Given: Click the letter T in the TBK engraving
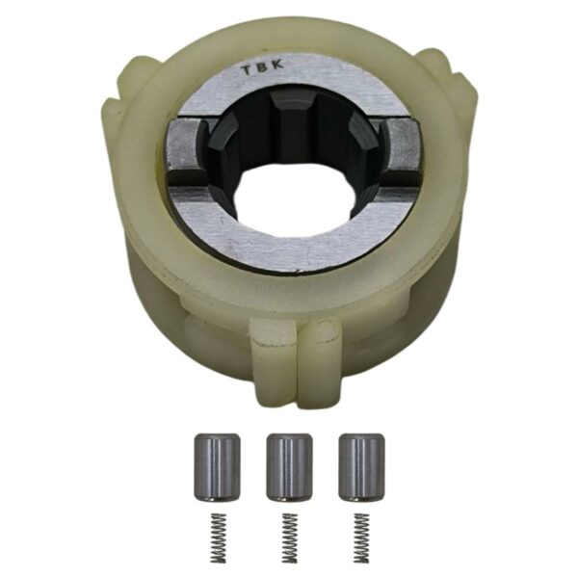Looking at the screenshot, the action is [x=245, y=70].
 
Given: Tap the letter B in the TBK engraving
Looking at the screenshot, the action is [x=262, y=67].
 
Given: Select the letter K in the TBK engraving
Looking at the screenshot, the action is [x=278, y=65].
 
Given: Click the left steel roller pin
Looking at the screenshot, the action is [x=217, y=468].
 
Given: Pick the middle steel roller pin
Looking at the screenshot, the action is [x=289, y=468].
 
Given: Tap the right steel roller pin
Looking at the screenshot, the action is [x=362, y=468].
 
